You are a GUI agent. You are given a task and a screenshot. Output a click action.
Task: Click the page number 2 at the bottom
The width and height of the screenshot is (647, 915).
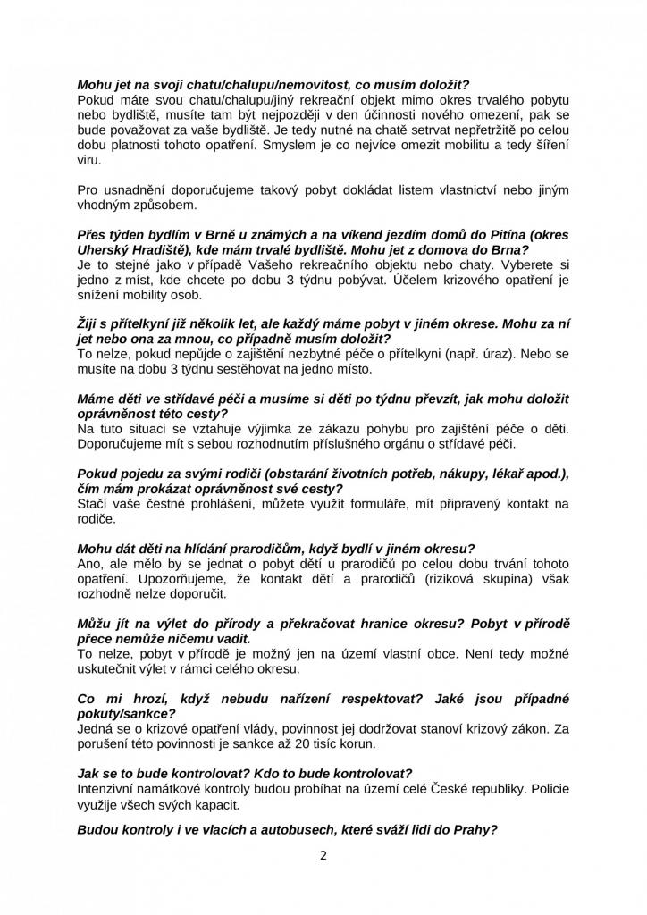pos(323,855)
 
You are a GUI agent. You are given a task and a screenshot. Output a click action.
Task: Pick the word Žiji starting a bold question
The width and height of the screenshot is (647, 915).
pos(89,325)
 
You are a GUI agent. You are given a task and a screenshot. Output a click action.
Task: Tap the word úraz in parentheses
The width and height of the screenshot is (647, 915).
pos(475,354)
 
